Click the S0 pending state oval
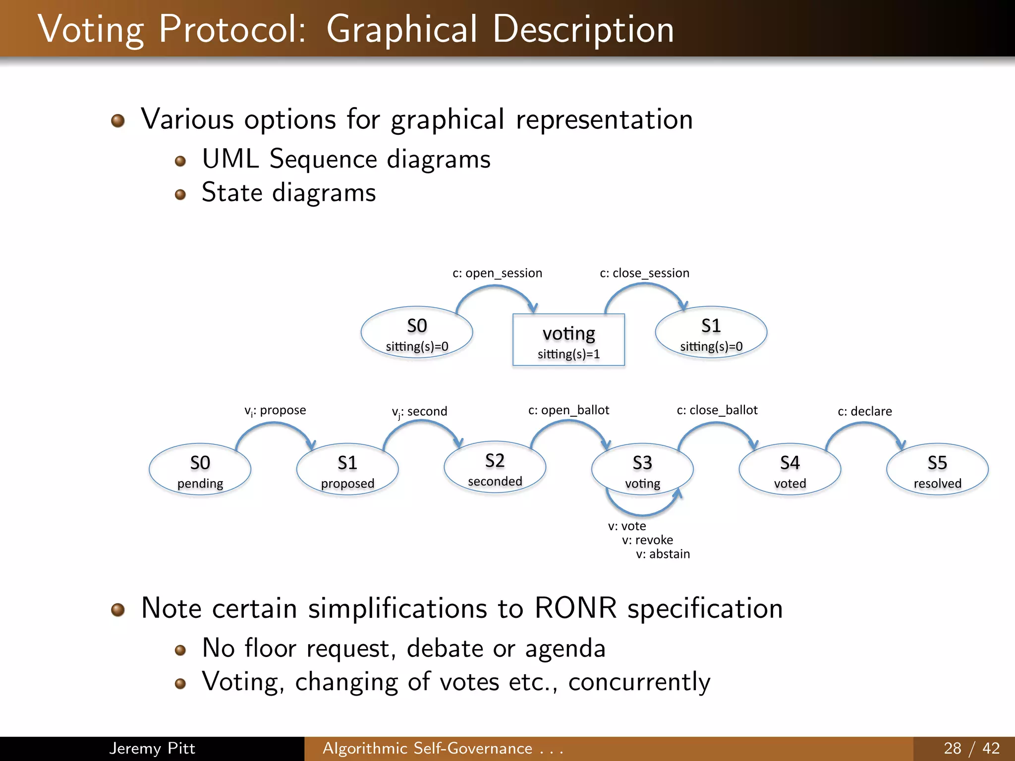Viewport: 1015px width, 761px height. point(200,469)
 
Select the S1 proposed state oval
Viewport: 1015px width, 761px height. point(347,469)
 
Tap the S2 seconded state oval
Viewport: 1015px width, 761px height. point(495,467)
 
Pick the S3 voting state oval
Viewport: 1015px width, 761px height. point(642,469)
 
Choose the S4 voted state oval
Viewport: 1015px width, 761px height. point(789,469)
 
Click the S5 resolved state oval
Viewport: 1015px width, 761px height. point(937,469)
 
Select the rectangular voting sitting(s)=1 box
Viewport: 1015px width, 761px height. point(568,340)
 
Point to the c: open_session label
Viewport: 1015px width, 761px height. point(497,273)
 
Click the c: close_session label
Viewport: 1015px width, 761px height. point(644,273)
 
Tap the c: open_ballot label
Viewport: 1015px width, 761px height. point(568,410)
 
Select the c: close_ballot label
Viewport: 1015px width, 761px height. point(717,410)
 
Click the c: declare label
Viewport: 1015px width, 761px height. point(865,411)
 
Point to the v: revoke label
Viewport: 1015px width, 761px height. point(647,540)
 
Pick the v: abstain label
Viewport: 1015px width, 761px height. point(663,554)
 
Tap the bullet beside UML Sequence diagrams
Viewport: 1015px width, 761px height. point(180,161)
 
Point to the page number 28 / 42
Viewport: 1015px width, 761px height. point(971,748)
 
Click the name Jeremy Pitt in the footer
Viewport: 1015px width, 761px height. point(152,748)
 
